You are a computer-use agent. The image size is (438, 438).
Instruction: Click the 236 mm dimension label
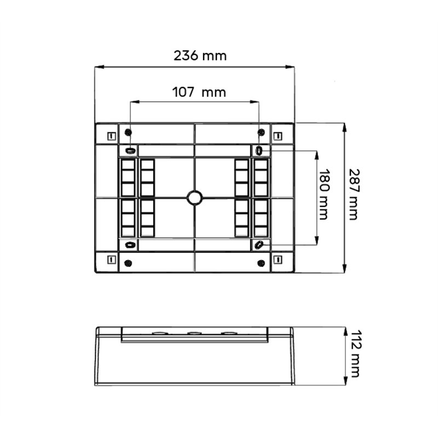click(x=200, y=56)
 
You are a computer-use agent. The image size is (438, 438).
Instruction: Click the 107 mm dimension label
click(x=199, y=92)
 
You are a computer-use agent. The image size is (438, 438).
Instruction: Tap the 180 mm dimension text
click(x=324, y=194)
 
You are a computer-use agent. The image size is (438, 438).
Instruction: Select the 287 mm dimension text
click(x=354, y=194)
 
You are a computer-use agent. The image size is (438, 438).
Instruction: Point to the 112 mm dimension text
click(x=355, y=354)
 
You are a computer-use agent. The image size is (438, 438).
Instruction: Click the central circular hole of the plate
click(x=195, y=198)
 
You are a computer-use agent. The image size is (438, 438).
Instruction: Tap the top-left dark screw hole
click(x=128, y=132)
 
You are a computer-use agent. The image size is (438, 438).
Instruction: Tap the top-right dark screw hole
click(x=261, y=132)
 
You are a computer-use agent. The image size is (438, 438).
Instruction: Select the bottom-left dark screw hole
click(x=128, y=263)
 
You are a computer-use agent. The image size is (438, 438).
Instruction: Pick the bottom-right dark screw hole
click(x=261, y=263)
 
